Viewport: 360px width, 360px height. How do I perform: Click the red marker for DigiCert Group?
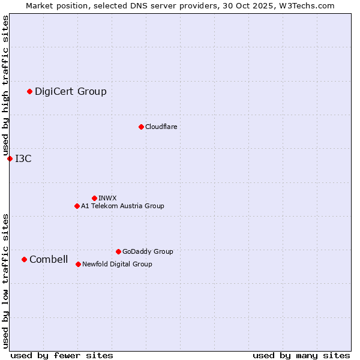29,91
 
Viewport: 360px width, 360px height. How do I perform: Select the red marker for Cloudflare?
141,127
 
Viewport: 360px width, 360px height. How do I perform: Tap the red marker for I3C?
10,158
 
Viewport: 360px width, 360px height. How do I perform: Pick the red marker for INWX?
94,198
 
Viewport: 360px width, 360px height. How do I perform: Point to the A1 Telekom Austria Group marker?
77,206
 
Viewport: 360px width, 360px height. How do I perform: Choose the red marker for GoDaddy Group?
118,251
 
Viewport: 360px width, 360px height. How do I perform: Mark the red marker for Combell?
24,259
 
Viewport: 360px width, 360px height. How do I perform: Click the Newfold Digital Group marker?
78,264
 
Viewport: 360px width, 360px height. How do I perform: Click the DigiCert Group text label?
71,91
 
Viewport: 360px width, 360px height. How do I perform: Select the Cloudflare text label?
161,127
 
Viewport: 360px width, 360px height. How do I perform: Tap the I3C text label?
23,158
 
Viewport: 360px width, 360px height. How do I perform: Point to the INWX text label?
107,198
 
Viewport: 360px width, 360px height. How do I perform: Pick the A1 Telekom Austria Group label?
122,206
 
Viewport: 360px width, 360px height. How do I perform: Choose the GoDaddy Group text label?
148,251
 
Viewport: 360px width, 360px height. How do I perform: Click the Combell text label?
49,259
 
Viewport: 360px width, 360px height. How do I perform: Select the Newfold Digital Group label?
117,264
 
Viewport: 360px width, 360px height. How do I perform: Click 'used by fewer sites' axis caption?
62,355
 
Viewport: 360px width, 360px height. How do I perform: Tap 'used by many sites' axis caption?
301,355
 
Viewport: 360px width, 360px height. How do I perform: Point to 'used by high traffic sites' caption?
6,86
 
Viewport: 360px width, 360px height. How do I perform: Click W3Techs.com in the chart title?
305,5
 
